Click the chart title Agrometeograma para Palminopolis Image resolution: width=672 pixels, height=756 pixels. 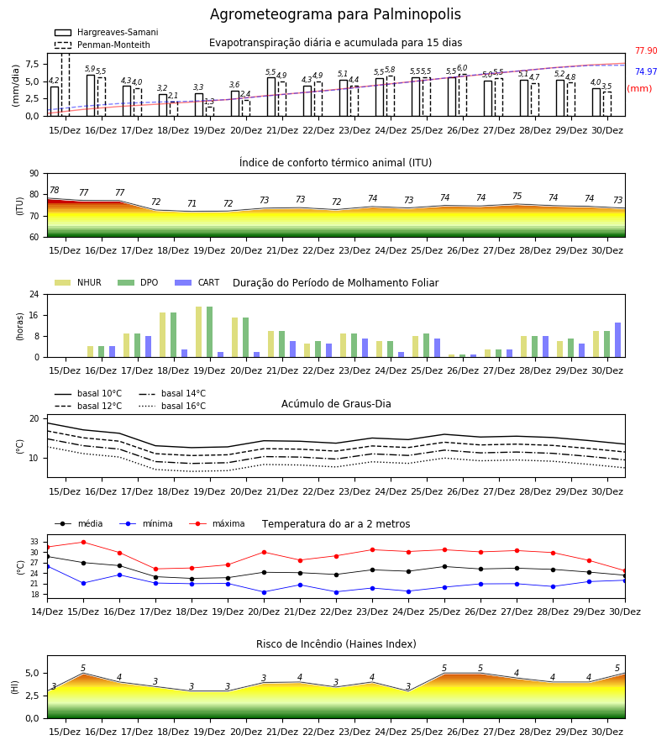click(335, 14)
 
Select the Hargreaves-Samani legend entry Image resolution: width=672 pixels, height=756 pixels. click(106, 32)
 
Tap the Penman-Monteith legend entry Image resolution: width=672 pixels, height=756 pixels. click(102, 45)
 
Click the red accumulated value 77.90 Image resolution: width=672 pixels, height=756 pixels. click(646, 50)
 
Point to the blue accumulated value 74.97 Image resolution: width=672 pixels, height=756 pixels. click(646, 72)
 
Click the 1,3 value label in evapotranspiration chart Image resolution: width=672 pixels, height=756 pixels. click(209, 102)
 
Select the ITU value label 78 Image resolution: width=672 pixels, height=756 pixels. click(55, 190)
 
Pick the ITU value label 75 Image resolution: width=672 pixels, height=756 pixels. click(517, 197)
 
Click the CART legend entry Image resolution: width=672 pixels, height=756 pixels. click(197, 282)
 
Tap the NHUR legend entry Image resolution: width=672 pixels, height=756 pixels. click(77, 282)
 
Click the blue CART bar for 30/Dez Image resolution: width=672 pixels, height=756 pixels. click(618, 340)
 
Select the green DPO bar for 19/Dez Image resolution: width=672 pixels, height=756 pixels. click(210, 332)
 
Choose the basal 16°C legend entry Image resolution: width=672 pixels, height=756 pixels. click(172, 406)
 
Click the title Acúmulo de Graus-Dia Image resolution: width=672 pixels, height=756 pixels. click(336, 404)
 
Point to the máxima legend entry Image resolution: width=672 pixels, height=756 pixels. click(217, 523)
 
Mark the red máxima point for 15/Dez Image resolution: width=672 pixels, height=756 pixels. click(83, 542)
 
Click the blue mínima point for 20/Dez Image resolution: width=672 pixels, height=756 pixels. click(264, 592)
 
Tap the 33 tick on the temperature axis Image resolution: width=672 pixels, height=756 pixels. click(34, 543)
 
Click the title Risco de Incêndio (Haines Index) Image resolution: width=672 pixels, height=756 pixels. click(336, 644)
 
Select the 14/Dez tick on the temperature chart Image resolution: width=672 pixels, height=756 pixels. click(47, 612)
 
